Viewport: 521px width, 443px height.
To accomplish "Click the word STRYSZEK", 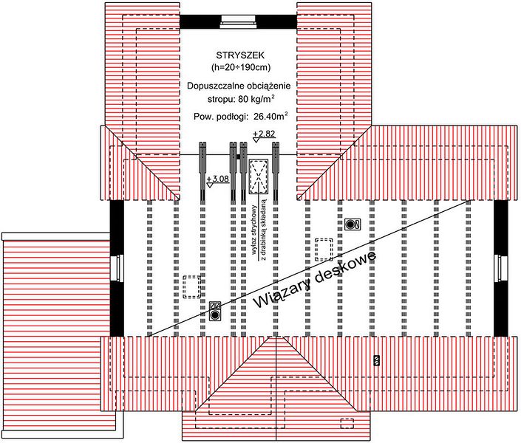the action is (240, 55).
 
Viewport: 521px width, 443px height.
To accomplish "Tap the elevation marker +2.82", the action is (264, 136).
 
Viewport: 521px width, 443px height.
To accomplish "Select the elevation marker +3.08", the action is (217, 181).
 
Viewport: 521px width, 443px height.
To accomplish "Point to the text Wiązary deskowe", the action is (315, 279).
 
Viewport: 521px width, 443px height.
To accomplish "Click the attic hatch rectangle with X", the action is (259, 176).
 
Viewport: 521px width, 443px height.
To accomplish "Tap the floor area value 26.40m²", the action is (270, 116).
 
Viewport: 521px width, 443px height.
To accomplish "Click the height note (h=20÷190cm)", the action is (241, 67).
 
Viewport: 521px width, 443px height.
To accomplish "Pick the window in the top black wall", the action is (238, 22).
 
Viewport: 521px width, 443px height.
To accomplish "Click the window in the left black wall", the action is (117, 268).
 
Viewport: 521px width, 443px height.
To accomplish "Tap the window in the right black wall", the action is (501, 268).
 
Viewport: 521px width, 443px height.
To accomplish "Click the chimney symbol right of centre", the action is (353, 224).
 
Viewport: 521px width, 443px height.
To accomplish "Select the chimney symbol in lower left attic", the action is (215, 311).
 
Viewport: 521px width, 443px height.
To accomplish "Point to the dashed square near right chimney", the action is (324, 249).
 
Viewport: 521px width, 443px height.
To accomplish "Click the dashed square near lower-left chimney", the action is (191, 286).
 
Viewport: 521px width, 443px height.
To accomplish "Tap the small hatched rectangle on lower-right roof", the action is (376, 360).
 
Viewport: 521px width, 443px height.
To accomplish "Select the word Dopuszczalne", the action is (212, 86).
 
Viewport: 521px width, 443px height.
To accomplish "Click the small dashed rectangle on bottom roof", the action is (347, 423).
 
